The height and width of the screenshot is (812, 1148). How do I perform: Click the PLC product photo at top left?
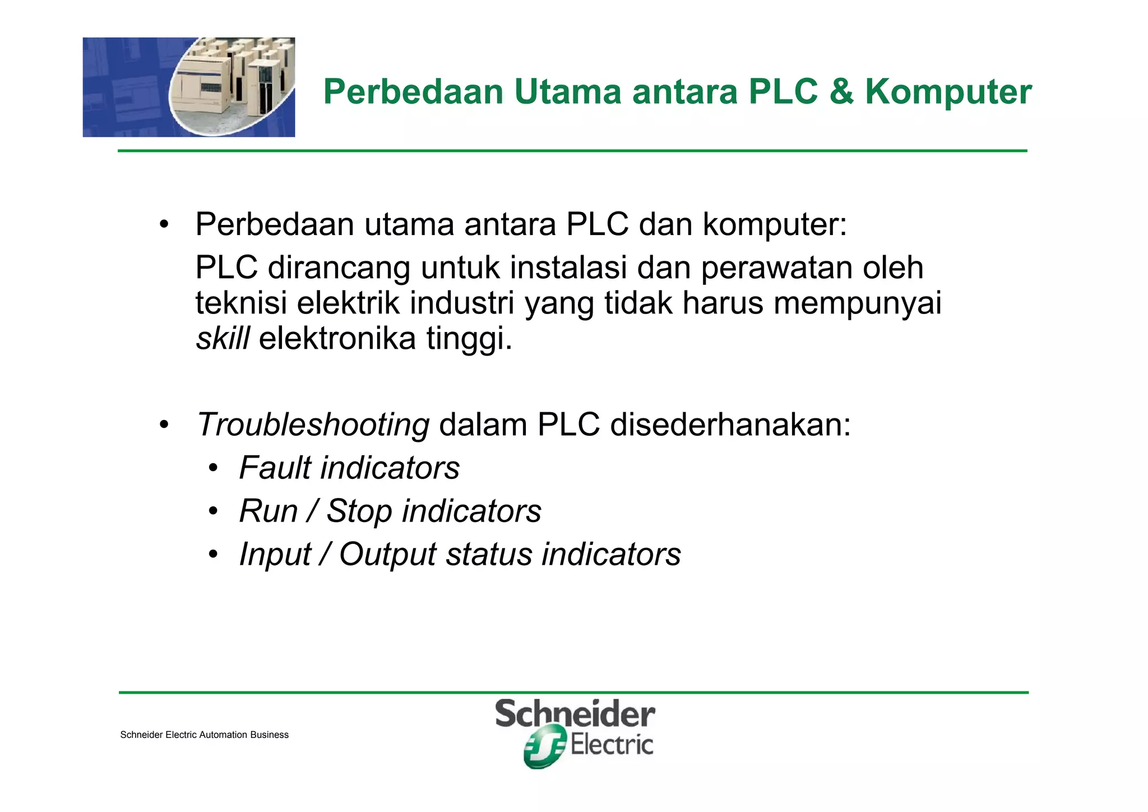pyautogui.click(x=189, y=87)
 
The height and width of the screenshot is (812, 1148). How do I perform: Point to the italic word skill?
pyautogui.click(x=223, y=339)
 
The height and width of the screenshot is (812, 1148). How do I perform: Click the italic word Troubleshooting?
pyautogui.click(x=313, y=425)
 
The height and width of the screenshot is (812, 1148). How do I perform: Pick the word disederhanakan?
pyautogui.click(x=730, y=425)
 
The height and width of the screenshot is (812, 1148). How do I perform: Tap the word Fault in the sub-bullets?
pyautogui.click(x=274, y=468)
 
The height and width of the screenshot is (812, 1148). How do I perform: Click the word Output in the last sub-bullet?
pyautogui.click(x=387, y=555)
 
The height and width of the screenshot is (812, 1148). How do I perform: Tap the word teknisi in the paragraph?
pyautogui.click(x=241, y=303)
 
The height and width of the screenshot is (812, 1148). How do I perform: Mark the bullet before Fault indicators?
pyautogui.click(x=212, y=469)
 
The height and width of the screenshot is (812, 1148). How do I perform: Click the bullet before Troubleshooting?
pyautogui.click(x=164, y=425)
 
